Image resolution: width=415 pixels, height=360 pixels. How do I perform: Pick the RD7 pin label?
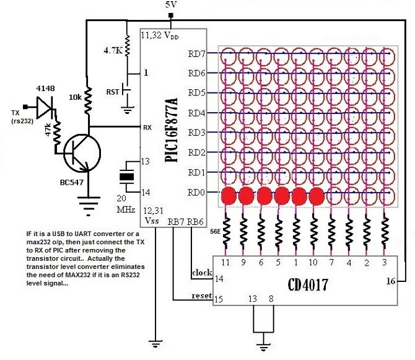tap(196, 53)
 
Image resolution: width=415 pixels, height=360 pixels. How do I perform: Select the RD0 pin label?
tap(196, 192)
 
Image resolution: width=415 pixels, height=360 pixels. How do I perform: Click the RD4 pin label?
tap(196, 113)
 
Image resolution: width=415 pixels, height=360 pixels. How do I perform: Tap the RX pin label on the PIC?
tap(147, 128)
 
